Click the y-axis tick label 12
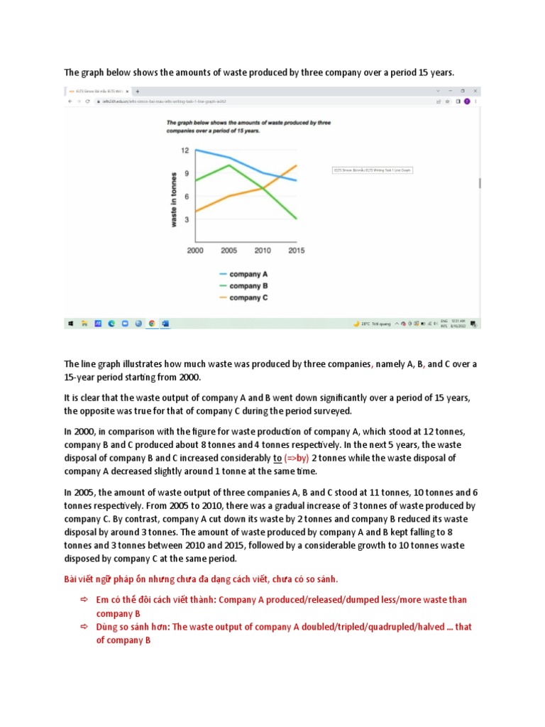(184, 151)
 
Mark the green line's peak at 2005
(228, 165)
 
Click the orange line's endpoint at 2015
(296, 165)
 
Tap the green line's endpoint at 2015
(296, 219)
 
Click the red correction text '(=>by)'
(297, 458)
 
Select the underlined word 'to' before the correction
(277, 458)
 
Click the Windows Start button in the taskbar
(71, 323)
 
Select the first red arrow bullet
(83, 600)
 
